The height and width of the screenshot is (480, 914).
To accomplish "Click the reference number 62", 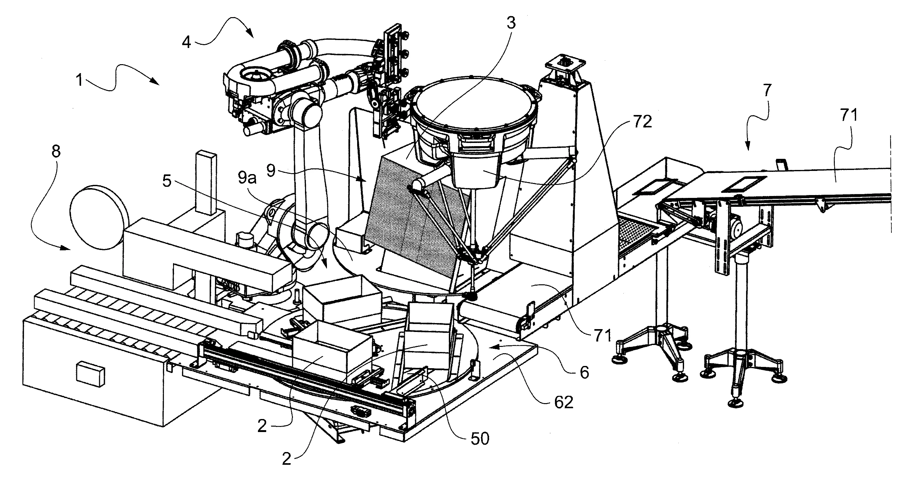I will click(564, 402).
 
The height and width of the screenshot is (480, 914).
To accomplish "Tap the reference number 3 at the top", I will click(510, 23).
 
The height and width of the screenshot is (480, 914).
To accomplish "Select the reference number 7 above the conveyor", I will click(767, 91).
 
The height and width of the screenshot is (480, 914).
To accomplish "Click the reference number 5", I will click(167, 181).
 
